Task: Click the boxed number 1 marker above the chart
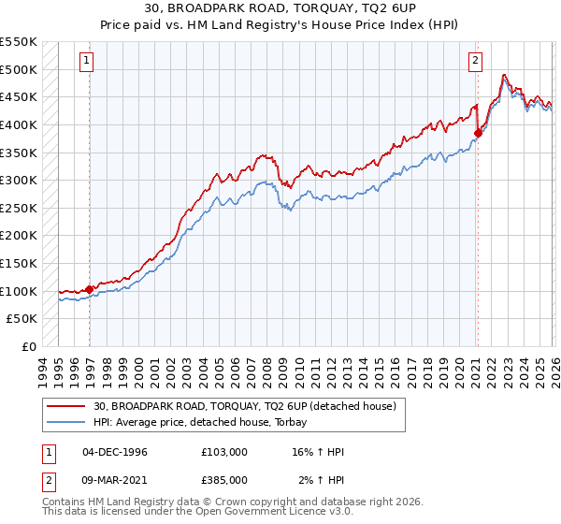tap(86, 61)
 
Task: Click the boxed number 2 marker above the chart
tap(475, 61)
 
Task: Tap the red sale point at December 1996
tap(90, 289)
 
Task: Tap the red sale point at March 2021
tap(477, 133)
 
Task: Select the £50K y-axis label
tap(22, 319)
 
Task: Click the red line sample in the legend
tap(66, 406)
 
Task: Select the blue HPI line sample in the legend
tap(66, 422)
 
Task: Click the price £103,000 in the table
tap(223, 452)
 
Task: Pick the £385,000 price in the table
tap(223, 479)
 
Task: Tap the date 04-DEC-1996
tap(115, 452)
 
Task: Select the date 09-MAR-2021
tap(116, 479)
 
